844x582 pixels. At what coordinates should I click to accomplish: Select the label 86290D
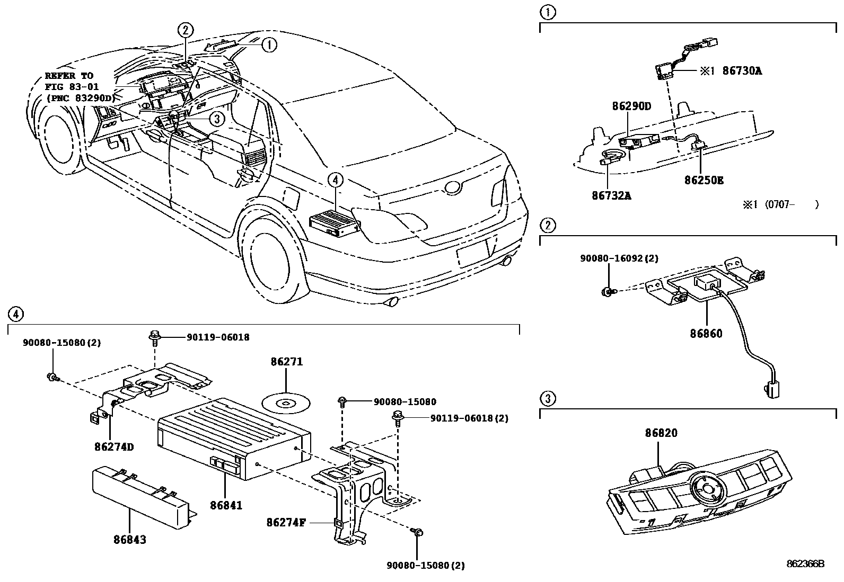click(631, 106)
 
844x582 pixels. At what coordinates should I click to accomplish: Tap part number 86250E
click(704, 180)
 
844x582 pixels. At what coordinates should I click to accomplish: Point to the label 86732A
click(611, 195)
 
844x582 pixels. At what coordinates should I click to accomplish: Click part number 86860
click(706, 334)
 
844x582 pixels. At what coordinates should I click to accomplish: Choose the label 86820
click(661, 433)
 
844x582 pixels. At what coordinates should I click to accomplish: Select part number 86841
click(226, 505)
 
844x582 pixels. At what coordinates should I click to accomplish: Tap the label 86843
click(129, 540)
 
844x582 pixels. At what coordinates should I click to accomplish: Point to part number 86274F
click(286, 523)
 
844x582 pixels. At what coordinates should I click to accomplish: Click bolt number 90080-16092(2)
click(619, 258)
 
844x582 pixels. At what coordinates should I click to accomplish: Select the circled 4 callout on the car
click(335, 181)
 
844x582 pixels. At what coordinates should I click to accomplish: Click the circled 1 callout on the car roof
click(269, 45)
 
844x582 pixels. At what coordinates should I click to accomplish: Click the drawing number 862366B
click(805, 565)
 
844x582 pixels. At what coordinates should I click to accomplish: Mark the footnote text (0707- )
click(780, 204)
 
